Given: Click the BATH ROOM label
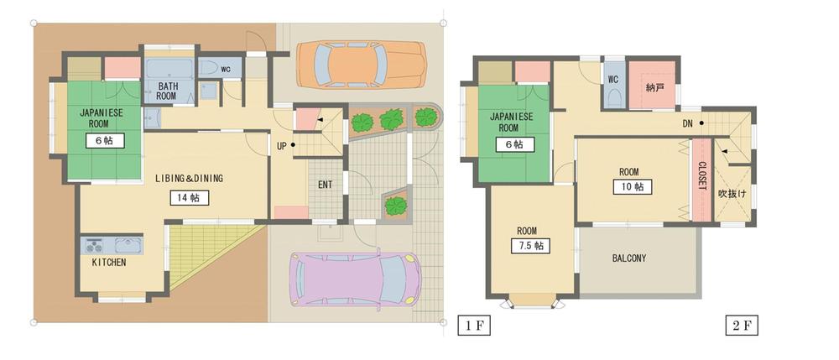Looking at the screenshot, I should (x=167, y=91).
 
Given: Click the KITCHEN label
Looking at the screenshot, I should (x=109, y=263).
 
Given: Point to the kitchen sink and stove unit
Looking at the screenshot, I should (x=112, y=246).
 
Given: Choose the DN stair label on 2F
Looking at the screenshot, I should (x=687, y=124).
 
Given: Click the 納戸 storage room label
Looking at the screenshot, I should (x=655, y=86).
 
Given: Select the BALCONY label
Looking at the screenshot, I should (x=628, y=258).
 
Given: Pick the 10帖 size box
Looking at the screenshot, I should (x=632, y=186).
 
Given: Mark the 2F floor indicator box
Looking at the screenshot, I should (x=741, y=323).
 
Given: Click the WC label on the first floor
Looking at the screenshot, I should (x=226, y=68).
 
